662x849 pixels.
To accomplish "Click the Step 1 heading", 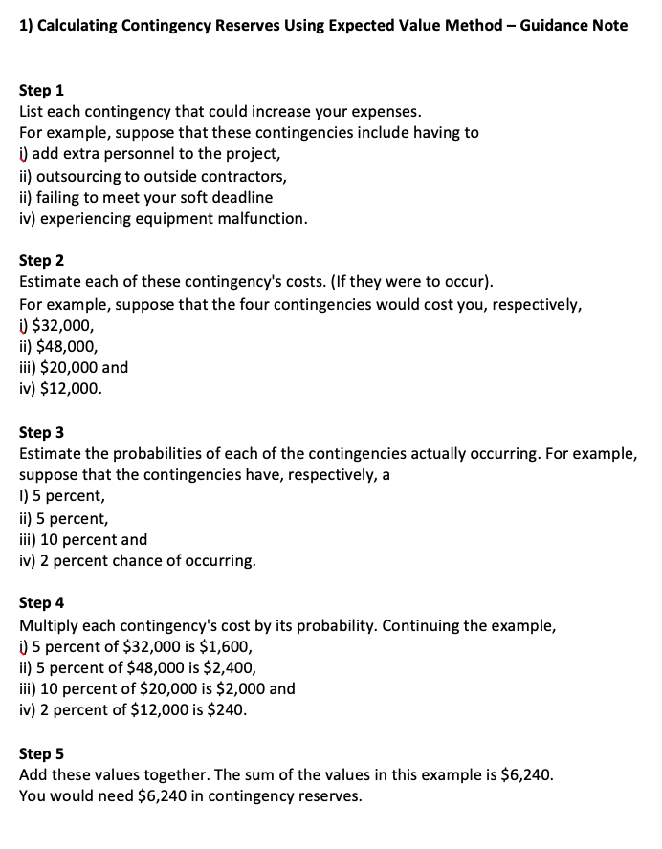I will (41, 91).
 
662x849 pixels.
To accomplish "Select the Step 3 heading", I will (41, 433).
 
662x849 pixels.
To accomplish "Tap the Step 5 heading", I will (41, 753).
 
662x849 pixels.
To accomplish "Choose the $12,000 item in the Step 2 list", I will (68, 389).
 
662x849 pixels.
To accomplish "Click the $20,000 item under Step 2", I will (70, 368).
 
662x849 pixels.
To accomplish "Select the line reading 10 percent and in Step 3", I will (83, 539).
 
